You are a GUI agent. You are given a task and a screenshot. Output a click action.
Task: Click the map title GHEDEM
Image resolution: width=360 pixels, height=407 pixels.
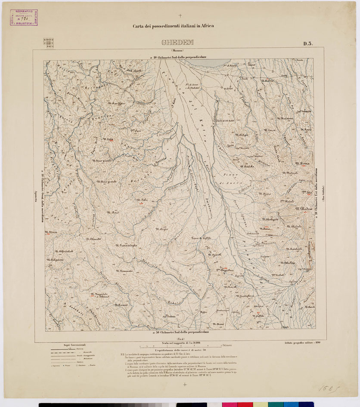tap(177, 43)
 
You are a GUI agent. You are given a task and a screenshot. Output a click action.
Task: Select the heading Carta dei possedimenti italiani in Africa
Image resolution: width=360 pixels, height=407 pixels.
tap(173, 26)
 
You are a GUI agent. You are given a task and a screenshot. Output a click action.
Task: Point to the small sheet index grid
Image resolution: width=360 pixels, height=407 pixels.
tap(49, 43)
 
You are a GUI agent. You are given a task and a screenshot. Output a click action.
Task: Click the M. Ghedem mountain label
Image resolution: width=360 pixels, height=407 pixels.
tap(304, 209)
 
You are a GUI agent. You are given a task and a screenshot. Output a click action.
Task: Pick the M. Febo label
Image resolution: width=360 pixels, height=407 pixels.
tap(142, 200)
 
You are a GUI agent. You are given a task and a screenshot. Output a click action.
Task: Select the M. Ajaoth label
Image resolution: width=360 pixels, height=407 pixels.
tap(214, 255)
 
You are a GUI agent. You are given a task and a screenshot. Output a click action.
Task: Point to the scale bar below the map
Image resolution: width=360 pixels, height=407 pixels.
tap(181, 345)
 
